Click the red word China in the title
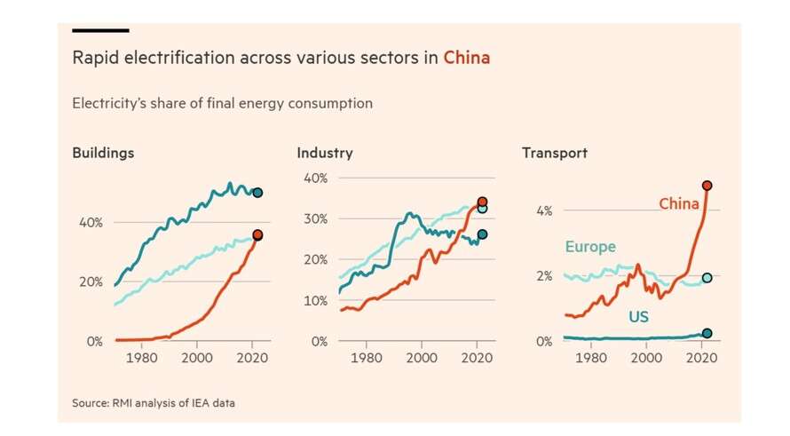pyautogui.click(x=466, y=59)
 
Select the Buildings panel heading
pyautogui.click(x=103, y=153)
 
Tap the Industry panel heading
pyautogui.click(x=324, y=153)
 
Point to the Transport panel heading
pyautogui.click(x=554, y=153)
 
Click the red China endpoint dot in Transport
pyautogui.click(x=707, y=186)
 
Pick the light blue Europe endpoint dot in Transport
pyautogui.click(x=707, y=278)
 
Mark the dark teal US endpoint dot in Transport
pyautogui.click(x=707, y=333)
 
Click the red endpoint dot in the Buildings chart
pyautogui.click(x=257, y=234)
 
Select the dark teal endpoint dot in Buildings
pyautogui.click(x=257, y=193)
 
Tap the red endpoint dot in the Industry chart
pyautogui.click(x=482, y=202)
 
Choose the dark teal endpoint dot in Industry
pyautogui.click(x=482, y=234)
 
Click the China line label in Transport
pyautogui.click(x=679, y=204)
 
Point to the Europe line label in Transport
pyautogui.click(x=590, y=247)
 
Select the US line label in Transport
pyautogui.click(x=639, y=316)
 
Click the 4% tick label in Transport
pyautogui.click(x=543, y=210)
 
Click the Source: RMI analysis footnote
pyautogui.click(x=154, y=403)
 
